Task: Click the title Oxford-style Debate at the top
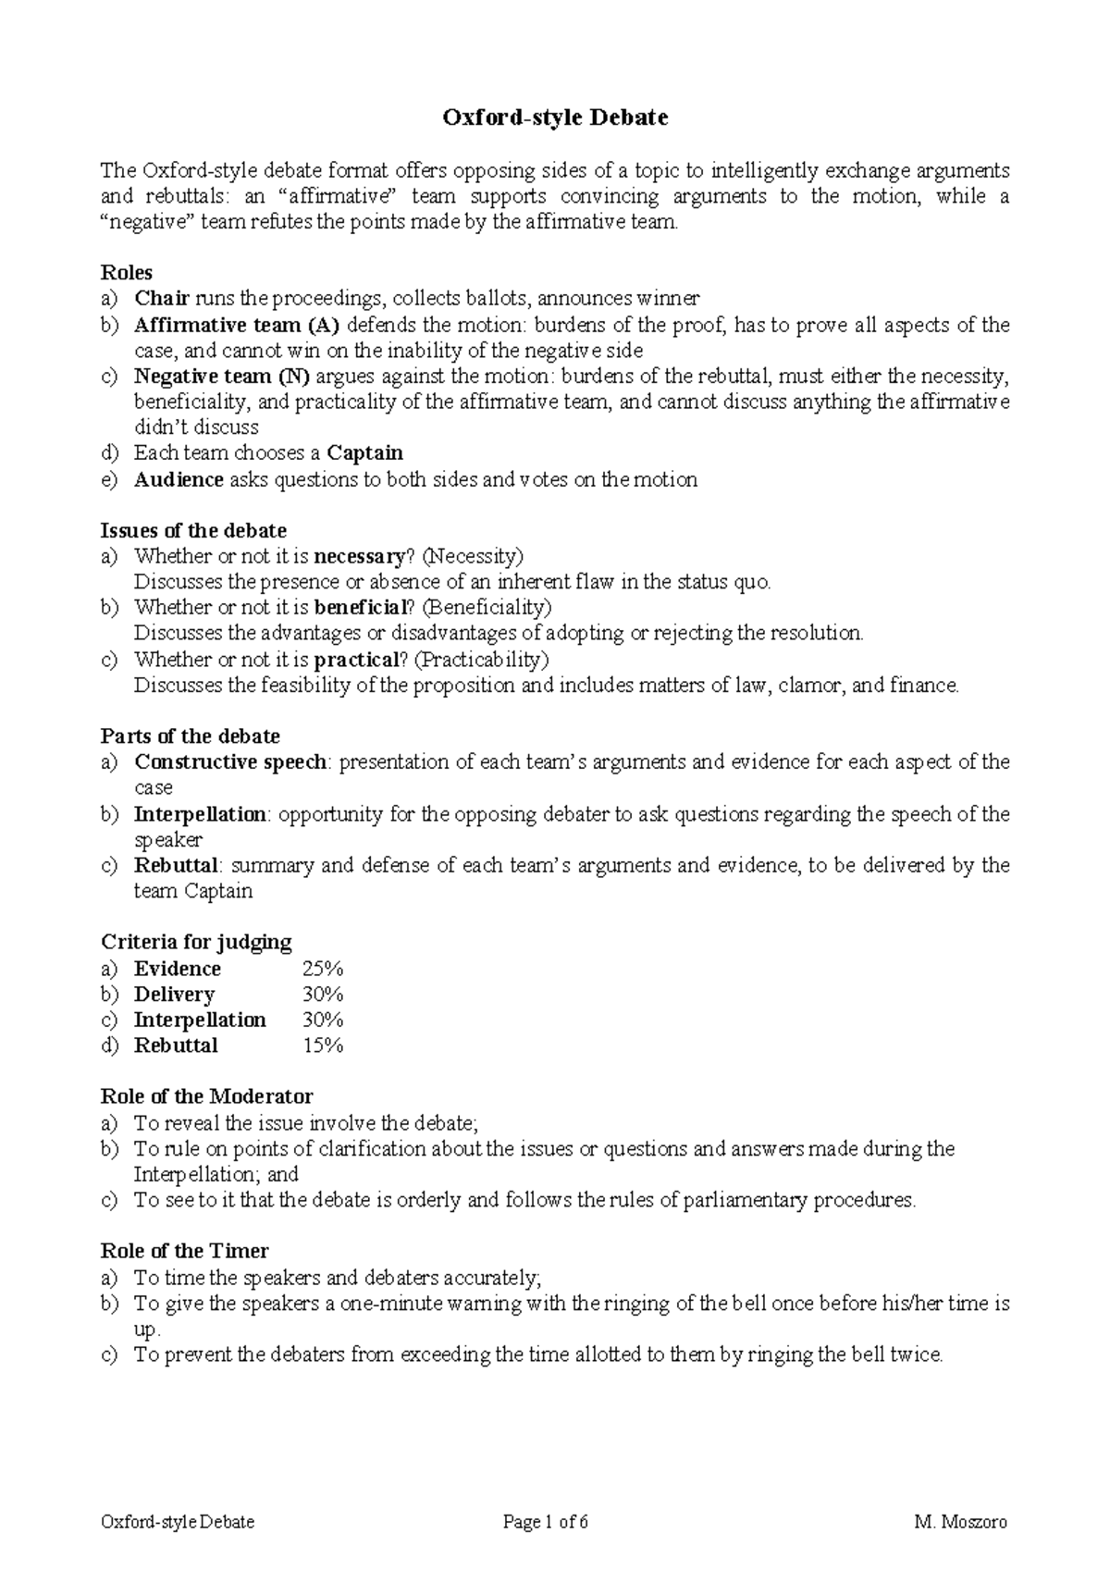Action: [x=555, y=118]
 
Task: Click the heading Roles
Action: [x=127, y=272]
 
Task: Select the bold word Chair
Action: [x=162, y=298]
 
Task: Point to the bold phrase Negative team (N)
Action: [x=222, y=376]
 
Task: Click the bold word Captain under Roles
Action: [x=365, y=453]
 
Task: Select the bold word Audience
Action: [x=179, y=479]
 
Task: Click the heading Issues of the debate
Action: [x=193, y=530]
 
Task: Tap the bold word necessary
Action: [x=359, y=556]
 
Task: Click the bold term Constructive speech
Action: [x=230, y=762]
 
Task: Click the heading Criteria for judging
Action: [x=196, y=942]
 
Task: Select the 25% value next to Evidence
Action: [x=323, y=969]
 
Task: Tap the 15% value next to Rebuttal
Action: [x=323, y=1045]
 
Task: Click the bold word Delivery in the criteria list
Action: [x=174, y=995]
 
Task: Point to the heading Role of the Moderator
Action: [x=206, y=1096]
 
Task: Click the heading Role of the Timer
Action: [x=184, y=1251]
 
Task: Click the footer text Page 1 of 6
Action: [x=546, y=1522]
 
